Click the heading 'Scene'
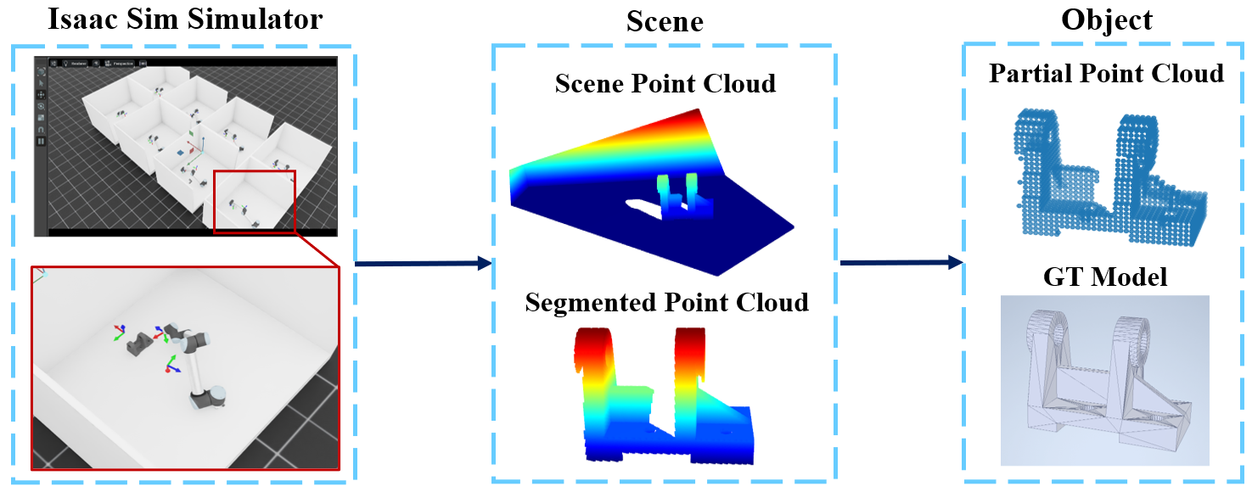[664, 21]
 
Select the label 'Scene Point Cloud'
[665, 84]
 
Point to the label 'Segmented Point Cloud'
[666, 302]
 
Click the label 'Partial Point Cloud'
[1106, 74]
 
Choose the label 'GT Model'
[1105, 277]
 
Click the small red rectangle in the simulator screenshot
[253, 201]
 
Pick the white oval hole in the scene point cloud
[645, 204]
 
